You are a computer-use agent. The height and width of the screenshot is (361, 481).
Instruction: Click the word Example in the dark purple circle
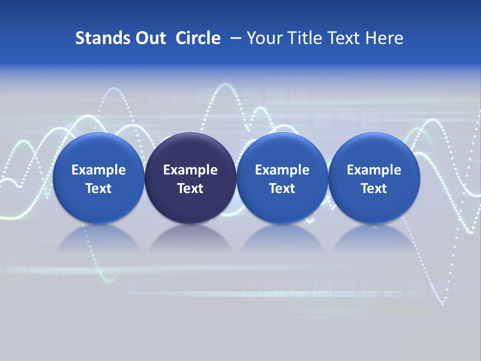tap(190, 170)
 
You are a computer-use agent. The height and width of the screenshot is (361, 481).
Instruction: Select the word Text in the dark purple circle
tap(190, 189)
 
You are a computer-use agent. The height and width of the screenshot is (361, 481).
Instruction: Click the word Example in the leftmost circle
tap(99, 170)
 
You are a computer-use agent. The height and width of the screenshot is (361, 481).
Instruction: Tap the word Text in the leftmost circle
tap(99, 189)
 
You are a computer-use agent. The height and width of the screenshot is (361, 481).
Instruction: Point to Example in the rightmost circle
tap(374, 170)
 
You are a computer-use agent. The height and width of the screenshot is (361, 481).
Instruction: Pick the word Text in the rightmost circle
tap(374, 189)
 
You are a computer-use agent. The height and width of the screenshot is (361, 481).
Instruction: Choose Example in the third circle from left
tap(282, 170)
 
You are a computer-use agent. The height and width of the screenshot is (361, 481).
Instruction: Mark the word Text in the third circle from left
tap(282, 189)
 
